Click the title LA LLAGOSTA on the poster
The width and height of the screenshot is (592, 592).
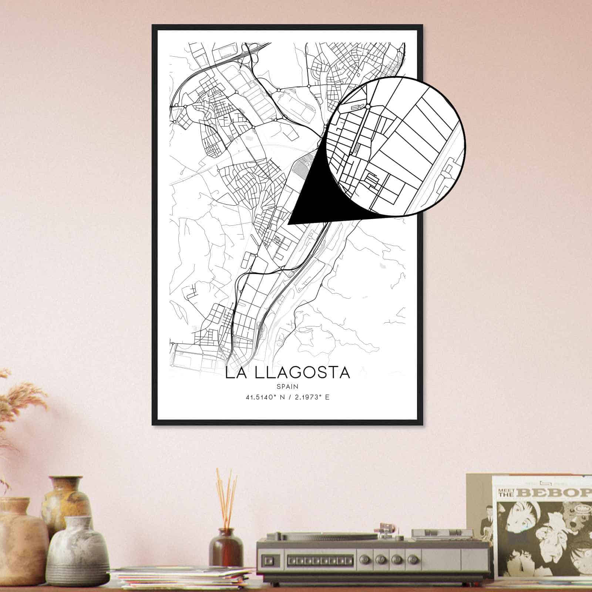point(287,373)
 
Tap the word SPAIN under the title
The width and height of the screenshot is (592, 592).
point(287,386)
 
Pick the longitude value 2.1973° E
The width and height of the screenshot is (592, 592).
point(311,398)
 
